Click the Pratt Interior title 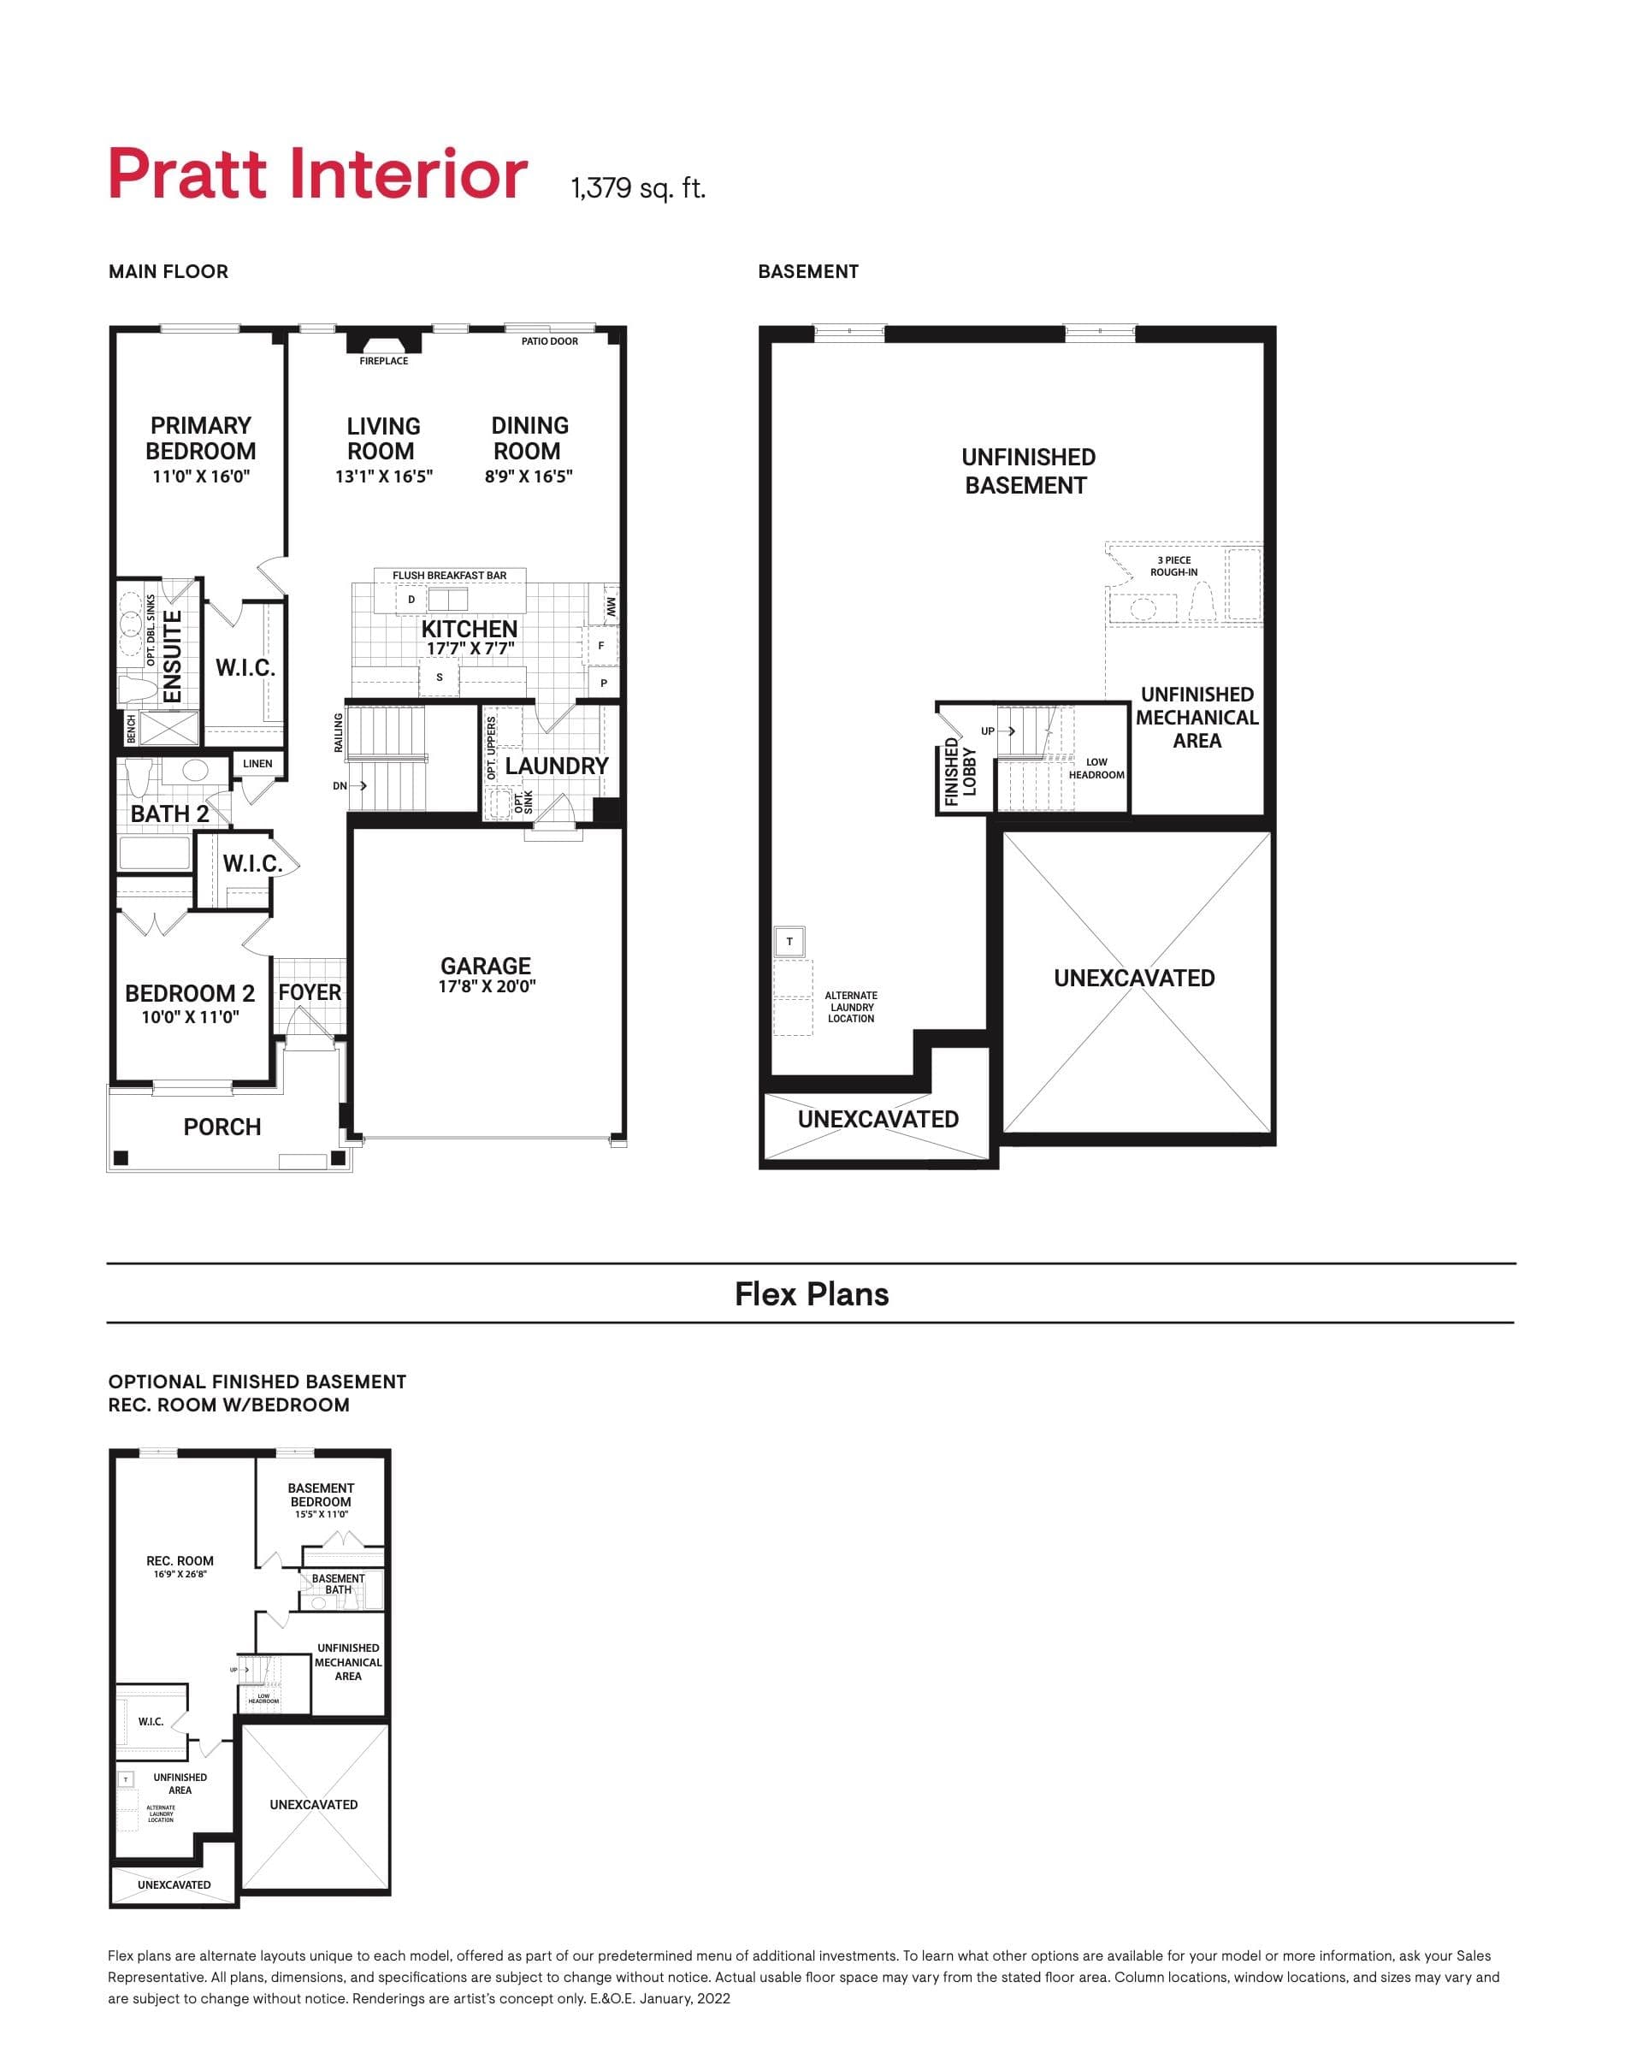[318, 175]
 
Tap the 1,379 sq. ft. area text [637, 187]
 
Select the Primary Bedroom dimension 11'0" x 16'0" [201, 476]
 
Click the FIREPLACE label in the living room [383, 361]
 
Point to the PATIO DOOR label [549, 340]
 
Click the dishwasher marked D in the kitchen [411, 600]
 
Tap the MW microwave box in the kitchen [610, 605]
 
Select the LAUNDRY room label [557, 766]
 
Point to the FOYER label [310, 992]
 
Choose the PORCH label [222, 1127]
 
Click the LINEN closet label [257, 763]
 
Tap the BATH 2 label [169, 814]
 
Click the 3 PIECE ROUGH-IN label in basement [1173, 566]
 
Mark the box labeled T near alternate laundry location [789, 942]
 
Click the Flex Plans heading [812, 1294]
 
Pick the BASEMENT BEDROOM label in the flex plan [321, 1494]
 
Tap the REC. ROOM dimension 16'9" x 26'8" [180, 1575]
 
